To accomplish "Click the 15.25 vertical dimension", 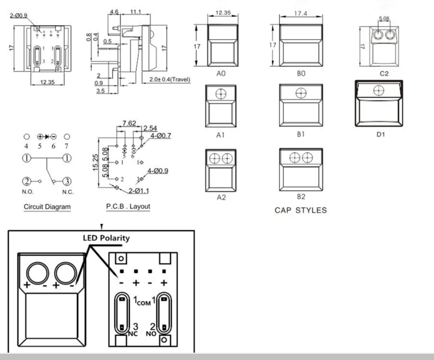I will tap(97, 163).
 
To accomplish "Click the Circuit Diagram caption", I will tap(47, 207).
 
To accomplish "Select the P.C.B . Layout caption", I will tap(128, 206).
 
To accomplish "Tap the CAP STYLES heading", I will tap(301, 211).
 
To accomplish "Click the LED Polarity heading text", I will tap(106, 238).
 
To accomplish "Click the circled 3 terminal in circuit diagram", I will tap(66, 181).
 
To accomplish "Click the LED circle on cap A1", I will tap(221, 93).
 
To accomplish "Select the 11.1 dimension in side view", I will tap(135, 11).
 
